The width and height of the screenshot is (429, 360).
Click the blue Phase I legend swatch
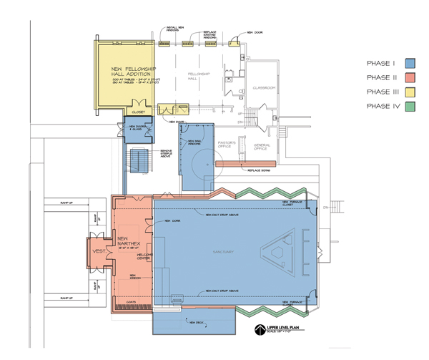coord(410,64)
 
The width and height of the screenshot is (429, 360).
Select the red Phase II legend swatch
coord(410,78)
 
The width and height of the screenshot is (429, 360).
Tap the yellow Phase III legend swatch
coord(410,92)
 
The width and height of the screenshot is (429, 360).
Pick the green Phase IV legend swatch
coord(410,107)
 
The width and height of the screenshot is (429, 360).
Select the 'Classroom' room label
coord(264,88)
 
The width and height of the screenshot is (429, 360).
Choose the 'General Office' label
coord(265,147)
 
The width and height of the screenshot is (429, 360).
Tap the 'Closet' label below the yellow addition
coord(139,112)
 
